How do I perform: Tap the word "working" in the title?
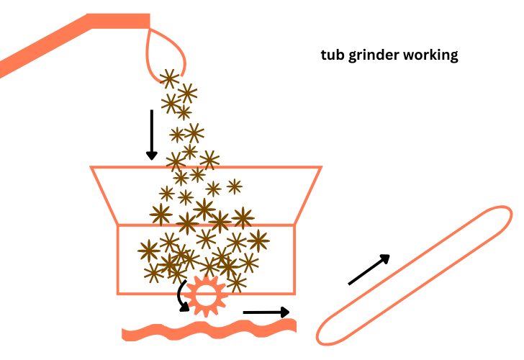point(431,56)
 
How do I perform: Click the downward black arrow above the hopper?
point(151,134)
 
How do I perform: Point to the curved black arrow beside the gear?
point(183,296)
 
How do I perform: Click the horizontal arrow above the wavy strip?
point(266,312)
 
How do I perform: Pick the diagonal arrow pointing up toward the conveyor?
point(369,270)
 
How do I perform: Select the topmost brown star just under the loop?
point(169,78)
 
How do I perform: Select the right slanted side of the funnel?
point(307,196)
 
